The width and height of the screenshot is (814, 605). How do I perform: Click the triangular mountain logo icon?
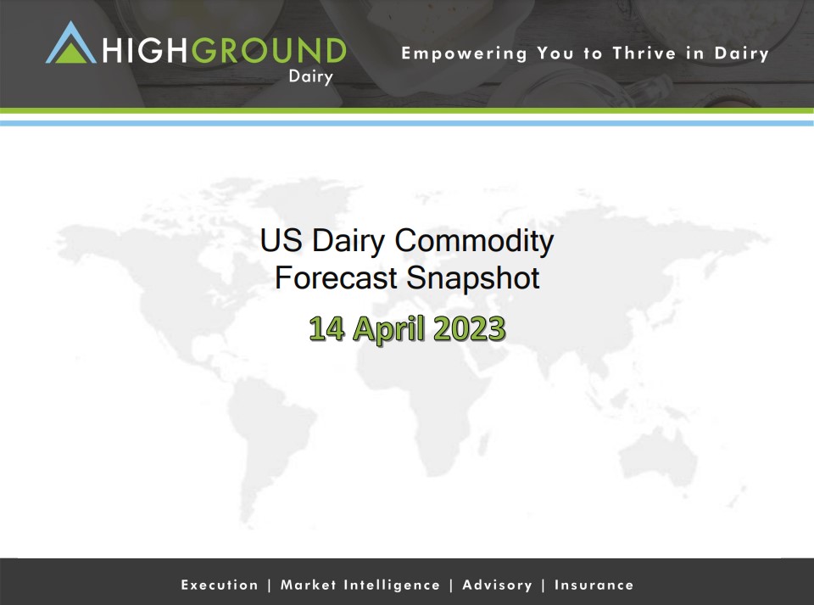coord(71,43)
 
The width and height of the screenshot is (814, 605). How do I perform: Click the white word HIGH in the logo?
coord(144,50)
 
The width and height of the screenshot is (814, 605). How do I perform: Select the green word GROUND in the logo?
coord(269,50)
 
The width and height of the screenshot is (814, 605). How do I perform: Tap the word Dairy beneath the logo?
coord(311,77)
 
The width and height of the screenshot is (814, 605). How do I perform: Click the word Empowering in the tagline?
coord(464,54)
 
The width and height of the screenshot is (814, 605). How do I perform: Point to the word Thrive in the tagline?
coord(644,53)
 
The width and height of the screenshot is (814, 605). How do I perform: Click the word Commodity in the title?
coord(474,242)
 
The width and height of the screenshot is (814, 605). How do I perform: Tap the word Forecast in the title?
coord(336,277)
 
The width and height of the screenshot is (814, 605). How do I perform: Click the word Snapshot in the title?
coord(472,278)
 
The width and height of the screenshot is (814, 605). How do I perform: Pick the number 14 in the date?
coord(326,328)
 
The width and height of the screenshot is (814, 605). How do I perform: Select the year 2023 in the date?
coord(469,328)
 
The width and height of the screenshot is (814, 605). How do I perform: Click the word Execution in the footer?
coord(220,585)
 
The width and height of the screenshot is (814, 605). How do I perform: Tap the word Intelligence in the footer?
coord(392,585)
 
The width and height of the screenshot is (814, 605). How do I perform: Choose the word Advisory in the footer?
coord(498,585)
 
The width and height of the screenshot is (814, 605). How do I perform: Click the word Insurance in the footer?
coord(594,585)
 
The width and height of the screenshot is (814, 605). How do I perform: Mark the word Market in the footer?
coord(309,585)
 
